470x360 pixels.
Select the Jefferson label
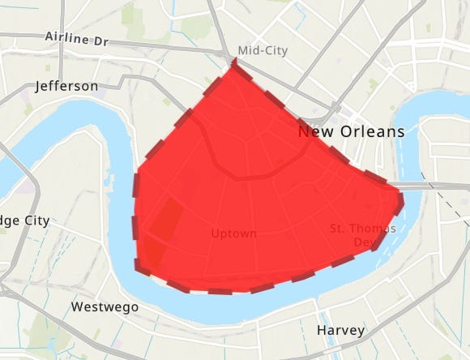(x=67, y=86)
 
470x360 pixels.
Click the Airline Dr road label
(x=75, y=38)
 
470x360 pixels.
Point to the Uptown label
(x=233, y=234)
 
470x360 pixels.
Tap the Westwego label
(x=105, y=307)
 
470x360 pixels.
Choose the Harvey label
(x=340, y=331)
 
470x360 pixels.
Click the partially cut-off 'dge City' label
(x=24, y=220)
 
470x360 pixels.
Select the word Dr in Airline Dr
(x=97, y=39)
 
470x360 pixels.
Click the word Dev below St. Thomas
(x=362, y=242)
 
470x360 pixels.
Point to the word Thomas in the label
(x=374, y=229)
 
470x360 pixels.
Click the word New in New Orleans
(x=314, y=131)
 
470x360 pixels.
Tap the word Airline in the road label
(x=65, y=37)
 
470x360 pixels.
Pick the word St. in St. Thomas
(x=340, y=229)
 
